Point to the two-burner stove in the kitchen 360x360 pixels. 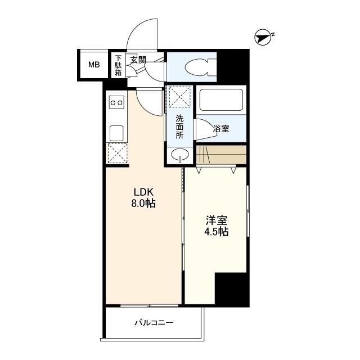116,103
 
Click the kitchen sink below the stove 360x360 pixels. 116,133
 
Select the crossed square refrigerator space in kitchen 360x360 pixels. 117,153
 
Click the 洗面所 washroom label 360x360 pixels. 179,127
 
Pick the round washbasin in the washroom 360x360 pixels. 180,155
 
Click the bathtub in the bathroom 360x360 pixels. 221,100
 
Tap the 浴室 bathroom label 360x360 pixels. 220,129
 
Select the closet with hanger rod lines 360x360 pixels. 221,154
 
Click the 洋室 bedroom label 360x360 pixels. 216,219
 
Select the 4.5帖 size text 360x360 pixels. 216,232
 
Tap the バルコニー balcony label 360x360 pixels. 154,323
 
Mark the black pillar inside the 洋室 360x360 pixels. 232,290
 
